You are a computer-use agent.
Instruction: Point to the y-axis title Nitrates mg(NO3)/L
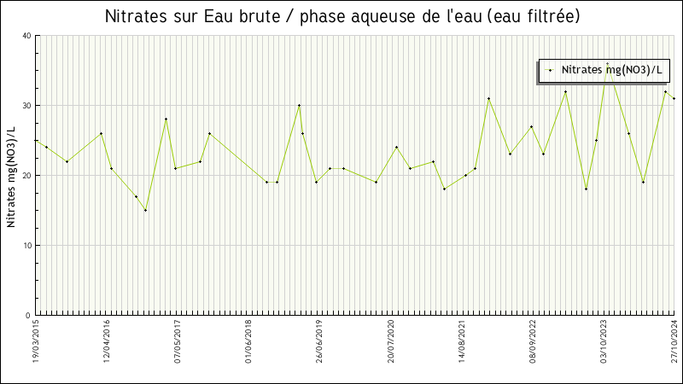pos(12,176)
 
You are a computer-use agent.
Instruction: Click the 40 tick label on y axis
pos(26,36)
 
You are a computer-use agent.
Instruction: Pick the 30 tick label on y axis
pos(26,106)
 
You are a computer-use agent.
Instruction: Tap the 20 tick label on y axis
pos(26,176)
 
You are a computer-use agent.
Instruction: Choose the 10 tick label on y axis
pos(26,246)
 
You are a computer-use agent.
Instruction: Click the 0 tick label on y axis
pos(28,316)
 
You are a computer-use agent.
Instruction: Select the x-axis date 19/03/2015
pos(37,342)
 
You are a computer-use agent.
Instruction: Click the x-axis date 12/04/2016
pos(108,342)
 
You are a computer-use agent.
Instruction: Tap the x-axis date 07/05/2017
pos(178,342)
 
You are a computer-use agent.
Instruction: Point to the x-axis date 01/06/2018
pos(249,342)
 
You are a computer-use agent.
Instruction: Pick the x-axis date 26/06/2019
pos(320,342)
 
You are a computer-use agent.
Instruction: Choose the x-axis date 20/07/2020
pos(391,342)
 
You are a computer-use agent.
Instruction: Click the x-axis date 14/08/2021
pos(462,342)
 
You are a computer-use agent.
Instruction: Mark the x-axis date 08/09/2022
pos(533,342)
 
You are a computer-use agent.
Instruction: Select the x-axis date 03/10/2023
pos(604,342)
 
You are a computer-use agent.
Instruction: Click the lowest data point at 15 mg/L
pos(145,210)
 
